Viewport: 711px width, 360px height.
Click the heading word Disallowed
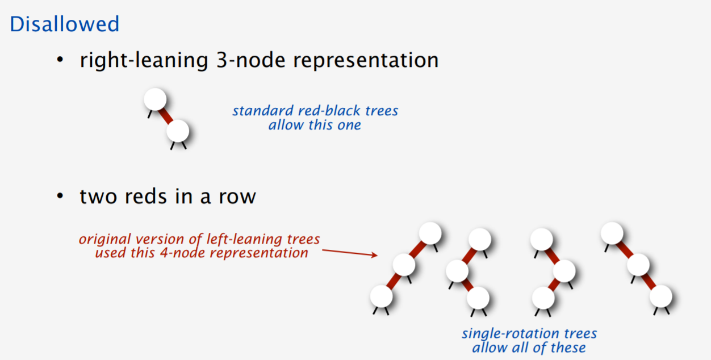point(65,24)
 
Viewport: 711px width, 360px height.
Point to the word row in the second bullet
point(238,196)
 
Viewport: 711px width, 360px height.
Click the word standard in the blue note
point(261,111)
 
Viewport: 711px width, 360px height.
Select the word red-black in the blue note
point(322,111)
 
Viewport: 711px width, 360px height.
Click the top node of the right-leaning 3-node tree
point(154,99)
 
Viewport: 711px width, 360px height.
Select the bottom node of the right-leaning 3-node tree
point(178,131)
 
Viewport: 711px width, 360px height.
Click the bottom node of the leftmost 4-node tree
point(381,296)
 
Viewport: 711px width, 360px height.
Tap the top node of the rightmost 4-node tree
point(612,233)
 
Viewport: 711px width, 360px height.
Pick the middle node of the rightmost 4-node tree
point(638,264)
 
